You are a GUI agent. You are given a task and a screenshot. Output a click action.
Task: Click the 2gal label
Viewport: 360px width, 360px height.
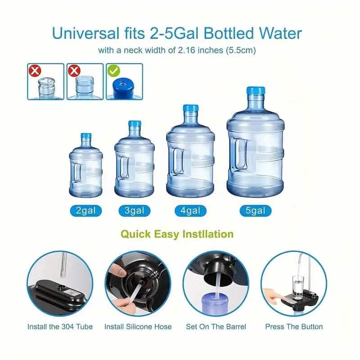85,210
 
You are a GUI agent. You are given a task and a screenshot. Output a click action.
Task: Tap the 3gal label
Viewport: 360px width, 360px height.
134,210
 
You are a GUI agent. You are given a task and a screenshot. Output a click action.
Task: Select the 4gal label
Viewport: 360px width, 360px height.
190,210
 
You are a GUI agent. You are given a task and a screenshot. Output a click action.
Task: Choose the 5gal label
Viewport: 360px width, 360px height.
255,210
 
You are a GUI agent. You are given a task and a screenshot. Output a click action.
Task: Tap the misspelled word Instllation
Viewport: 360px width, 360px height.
208,234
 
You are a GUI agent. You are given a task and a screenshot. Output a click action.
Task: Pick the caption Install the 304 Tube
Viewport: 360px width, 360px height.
60,327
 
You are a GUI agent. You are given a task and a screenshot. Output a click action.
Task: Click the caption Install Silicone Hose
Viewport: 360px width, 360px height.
138,327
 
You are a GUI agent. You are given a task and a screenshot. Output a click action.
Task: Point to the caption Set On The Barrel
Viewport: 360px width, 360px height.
216,327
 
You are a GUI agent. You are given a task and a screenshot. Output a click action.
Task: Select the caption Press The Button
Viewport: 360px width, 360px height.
294,327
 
